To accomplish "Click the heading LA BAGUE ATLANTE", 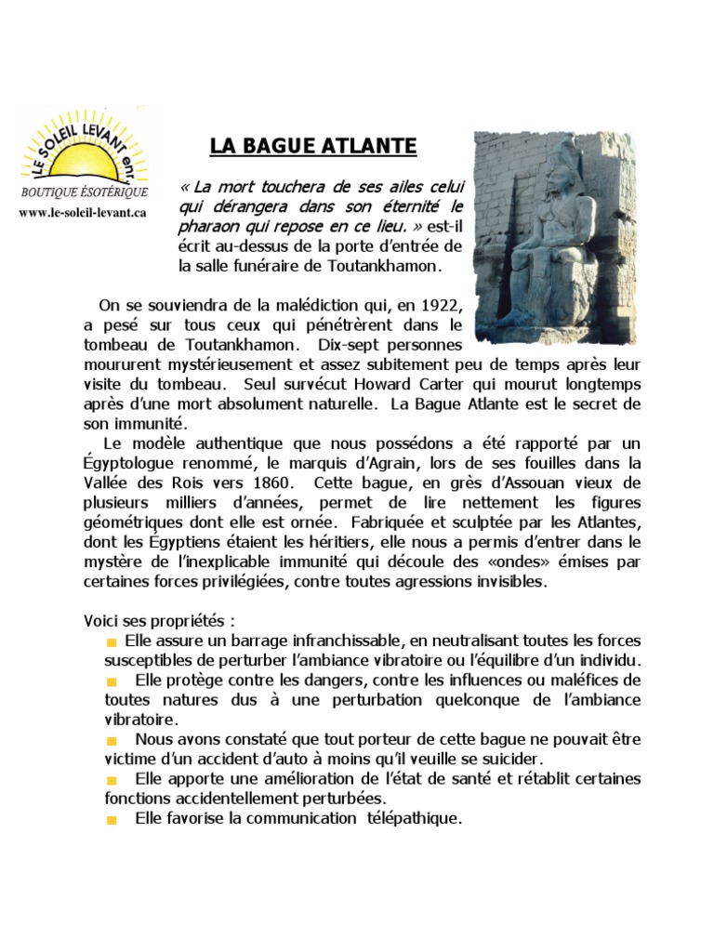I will (x=313, y=146).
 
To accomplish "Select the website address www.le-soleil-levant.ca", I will (x=83, y=213).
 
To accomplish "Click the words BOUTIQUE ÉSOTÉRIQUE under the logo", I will (x=84, y=192).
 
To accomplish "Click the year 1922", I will (x=441, y=305).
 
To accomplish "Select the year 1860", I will (x=272, y=482).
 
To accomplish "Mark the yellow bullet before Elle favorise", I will (x=112, y=820).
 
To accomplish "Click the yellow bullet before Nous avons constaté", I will (x=112, y=740).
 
